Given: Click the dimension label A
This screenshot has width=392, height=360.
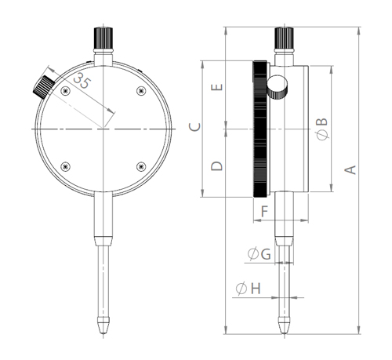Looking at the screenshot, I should coord(352,169).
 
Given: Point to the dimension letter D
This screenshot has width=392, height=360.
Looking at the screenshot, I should coord(219,165).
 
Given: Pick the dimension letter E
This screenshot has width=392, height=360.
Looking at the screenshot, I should coord(219,88).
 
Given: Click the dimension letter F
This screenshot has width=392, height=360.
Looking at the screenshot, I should coord(264,211).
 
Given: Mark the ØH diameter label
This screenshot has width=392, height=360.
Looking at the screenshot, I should coord(248,289).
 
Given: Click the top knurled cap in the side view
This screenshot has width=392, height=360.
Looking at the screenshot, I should coord(284,38).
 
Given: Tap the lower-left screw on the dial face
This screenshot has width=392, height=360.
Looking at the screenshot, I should coord(64,165).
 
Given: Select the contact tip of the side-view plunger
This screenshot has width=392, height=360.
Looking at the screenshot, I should coord(284,332).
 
